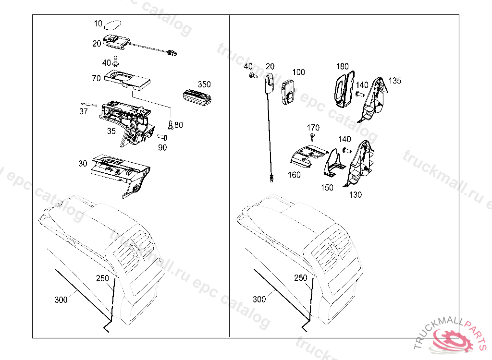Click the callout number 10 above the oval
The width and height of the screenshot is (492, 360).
click(98, 23)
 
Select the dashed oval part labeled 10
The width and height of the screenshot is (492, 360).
click(112, 24)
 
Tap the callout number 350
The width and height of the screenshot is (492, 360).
click(204, 84)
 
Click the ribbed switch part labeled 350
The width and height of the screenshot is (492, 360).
click(197, 95)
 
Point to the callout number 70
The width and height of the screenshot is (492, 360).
click(97, 78)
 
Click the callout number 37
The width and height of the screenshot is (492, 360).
click(84, 111)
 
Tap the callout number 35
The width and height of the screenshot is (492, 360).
click(111, 131)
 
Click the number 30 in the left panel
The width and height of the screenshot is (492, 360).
click(83, 163)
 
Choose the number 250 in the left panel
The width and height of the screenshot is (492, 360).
click(102, 278)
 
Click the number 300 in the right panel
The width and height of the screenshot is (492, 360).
click(259, 299)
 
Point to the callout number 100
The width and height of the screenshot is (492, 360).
click(298, 72)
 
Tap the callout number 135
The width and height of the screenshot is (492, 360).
click(394, 81)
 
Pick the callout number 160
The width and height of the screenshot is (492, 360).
click(295, 175)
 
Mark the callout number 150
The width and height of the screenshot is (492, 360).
click(327, 188)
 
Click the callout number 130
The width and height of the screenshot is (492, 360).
click(356, 195)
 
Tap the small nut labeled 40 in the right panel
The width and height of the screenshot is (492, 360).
click(252, 75)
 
